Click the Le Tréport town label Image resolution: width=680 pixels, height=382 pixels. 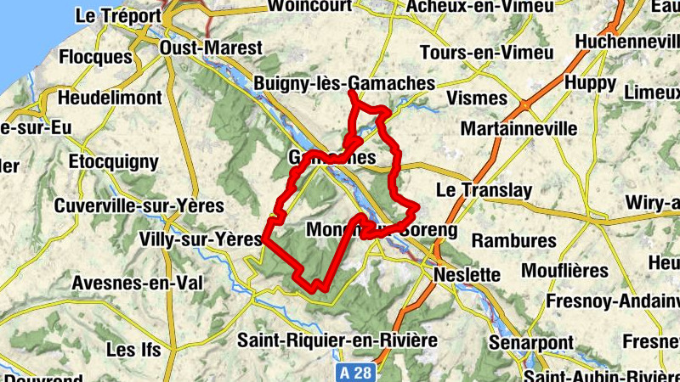click(x=117, y=15)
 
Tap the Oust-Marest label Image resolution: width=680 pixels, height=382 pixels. click(x=212, y=48)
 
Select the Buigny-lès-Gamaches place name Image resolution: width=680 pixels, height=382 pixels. click(x=344, y=84)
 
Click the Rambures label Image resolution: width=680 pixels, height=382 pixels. click(x=513, y=240)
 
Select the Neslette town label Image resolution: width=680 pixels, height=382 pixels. click(x=467, y=275)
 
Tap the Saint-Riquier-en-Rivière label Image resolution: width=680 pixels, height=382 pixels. click(x=337, y=340)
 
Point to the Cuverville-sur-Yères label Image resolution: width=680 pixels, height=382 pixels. click(x=139, y=205)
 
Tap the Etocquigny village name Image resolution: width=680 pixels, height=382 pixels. click(x=113, y=160)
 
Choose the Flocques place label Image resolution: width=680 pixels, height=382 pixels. click(x=96, y=58)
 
